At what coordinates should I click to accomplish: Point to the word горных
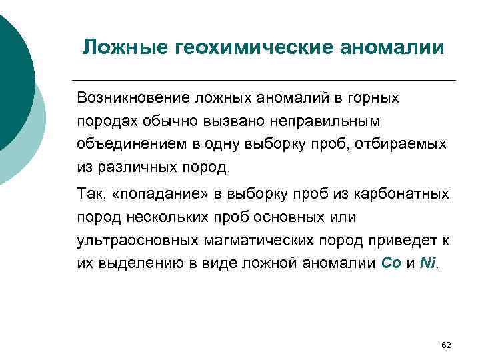coord(373,99)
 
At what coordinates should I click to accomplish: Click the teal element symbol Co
coord(390,263)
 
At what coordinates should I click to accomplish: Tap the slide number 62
coord(447,345)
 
